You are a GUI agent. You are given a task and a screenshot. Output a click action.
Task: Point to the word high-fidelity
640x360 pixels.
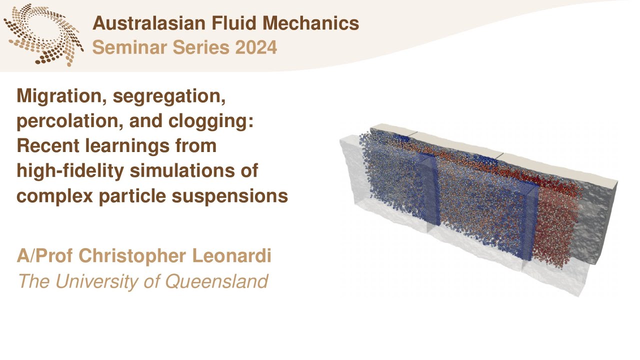(71, 171)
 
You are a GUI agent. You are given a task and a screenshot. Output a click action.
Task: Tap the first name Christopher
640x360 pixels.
(134, 256)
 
